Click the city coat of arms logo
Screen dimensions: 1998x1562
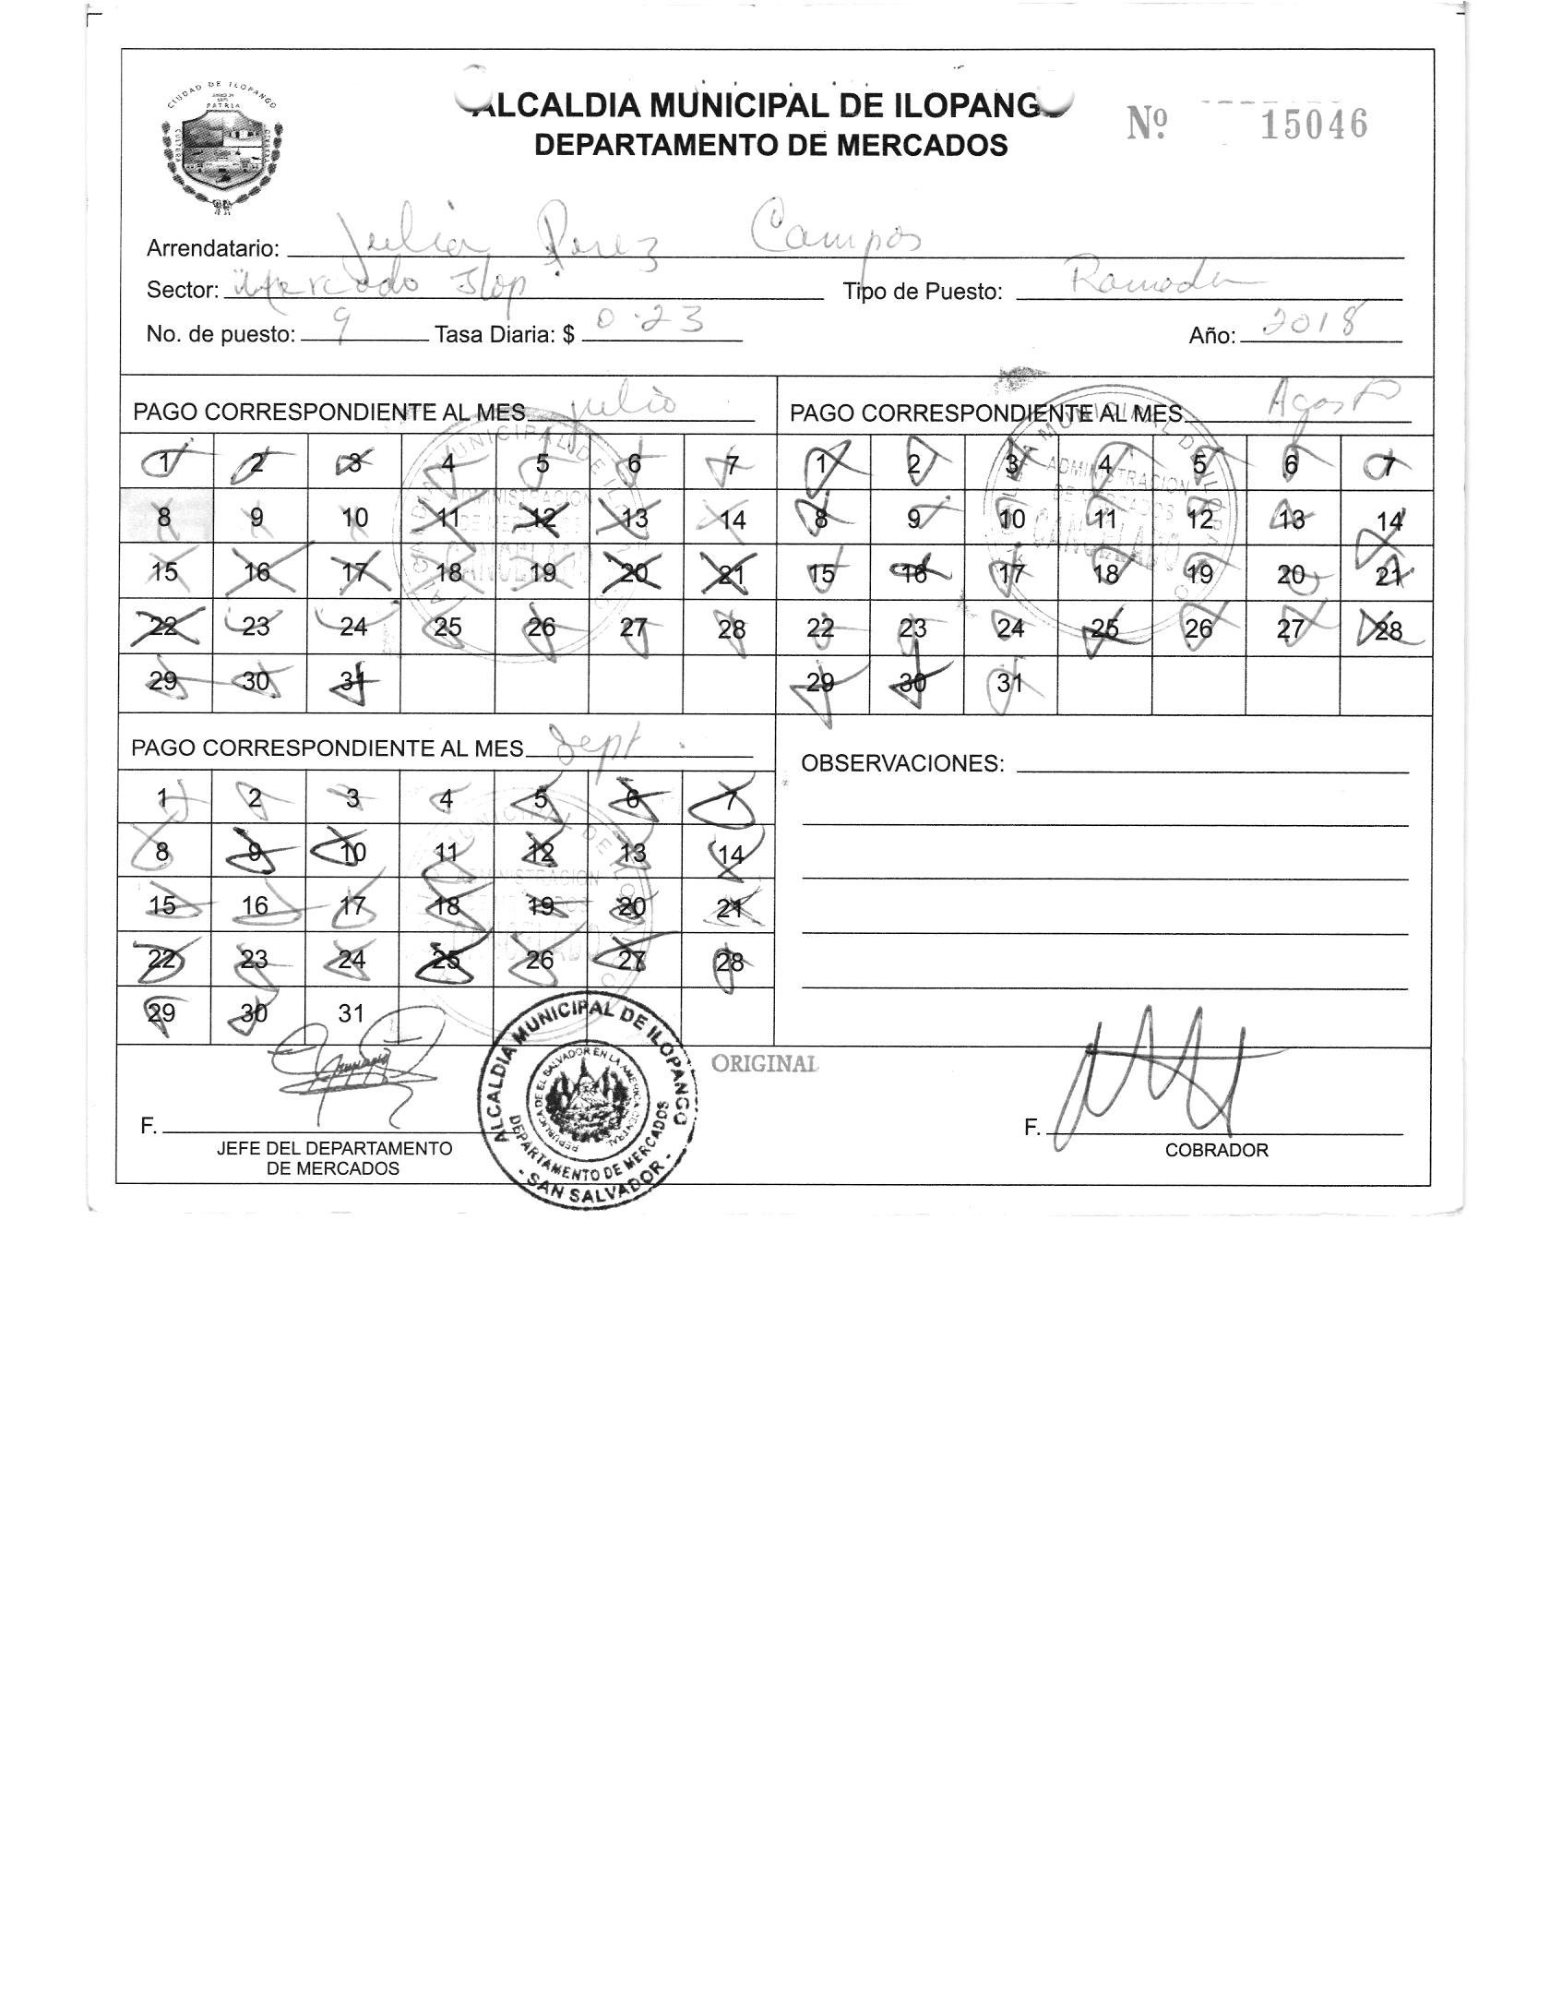(x=221, y=153)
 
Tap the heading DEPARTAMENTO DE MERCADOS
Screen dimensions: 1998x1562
(x=770, y=145)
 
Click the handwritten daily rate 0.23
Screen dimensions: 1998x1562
(x=650, y=321)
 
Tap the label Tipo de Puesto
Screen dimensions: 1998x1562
(x=922, y=292)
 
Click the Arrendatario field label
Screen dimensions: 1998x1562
(x=212, y=248)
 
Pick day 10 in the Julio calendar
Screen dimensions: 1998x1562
(x=354, y=518)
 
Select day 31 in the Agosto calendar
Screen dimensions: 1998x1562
(x=1009, y=684)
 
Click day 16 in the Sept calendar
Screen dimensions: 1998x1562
(x=256, y=905)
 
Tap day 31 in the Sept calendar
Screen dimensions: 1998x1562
(x=351, y=1013)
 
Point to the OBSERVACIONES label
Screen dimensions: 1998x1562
(x=901, y=763)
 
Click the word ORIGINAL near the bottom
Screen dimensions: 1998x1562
(x=764, y=1064)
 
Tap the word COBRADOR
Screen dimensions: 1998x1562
(x=1216, y=1151)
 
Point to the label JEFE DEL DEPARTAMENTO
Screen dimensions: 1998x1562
(x=334, y=1149)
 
